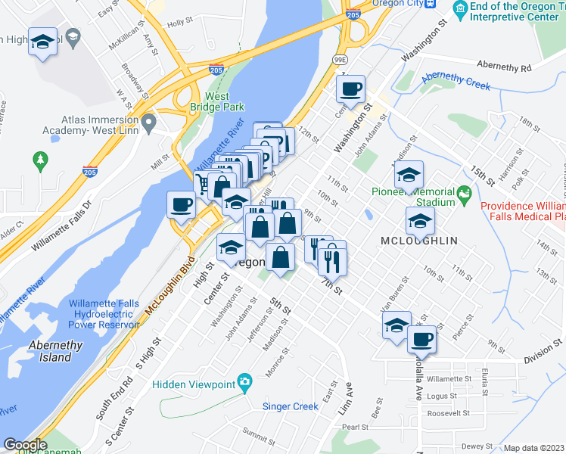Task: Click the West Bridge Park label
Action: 217,102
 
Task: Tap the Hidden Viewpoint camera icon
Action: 244,382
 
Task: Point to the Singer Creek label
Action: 290,406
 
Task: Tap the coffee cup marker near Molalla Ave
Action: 422,338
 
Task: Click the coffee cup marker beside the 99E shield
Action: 350,89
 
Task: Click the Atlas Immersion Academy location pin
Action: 149,121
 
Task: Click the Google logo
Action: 25,445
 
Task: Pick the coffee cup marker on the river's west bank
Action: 180,204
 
